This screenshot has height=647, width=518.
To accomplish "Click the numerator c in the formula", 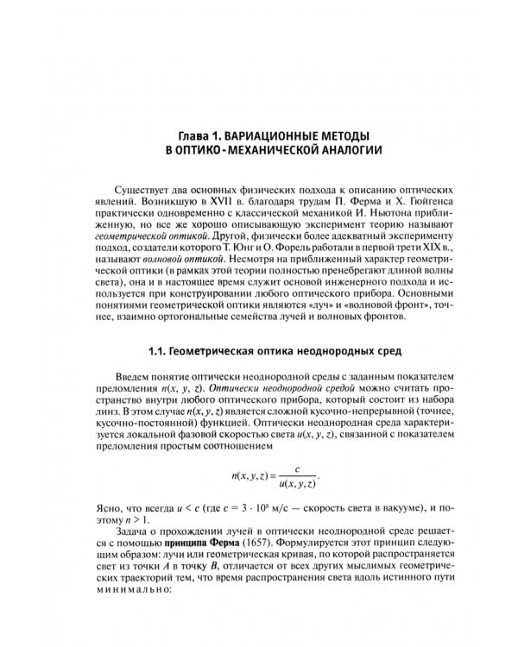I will (x=296, y=469).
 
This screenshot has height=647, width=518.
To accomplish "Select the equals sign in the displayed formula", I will (x=275, y=476).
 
